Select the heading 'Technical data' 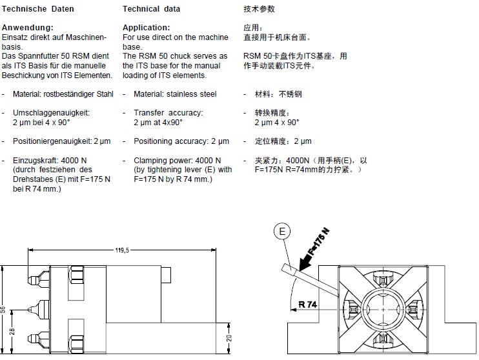click(x=151, y=9)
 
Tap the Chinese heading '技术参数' click(x=259, y=9)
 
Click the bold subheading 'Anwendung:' click(x=27, y=28)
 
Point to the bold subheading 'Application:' click(x=146, y=28)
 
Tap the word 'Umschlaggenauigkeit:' click(x=51, y=113)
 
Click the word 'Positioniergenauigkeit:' click(x=53, y=141)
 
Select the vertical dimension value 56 click(x=5, y=309)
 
